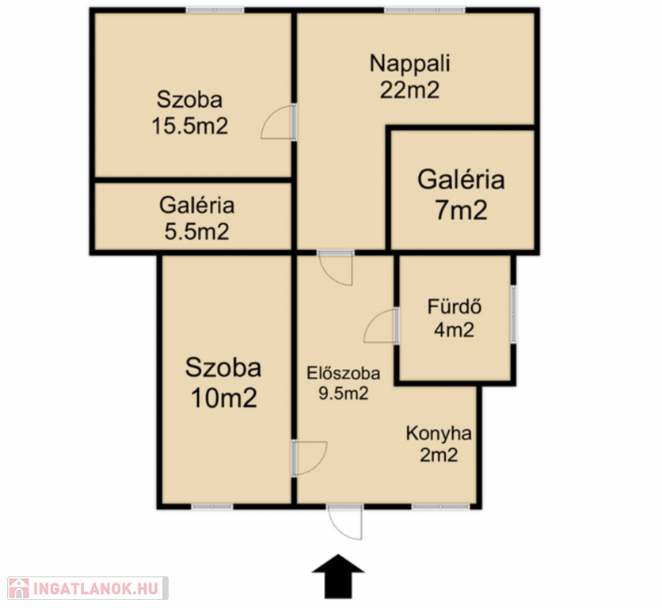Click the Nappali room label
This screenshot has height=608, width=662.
(410, 64)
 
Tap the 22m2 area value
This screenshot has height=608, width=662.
(409, 90)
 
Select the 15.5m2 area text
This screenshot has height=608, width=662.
(189, 126)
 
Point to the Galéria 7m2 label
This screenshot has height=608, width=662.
(461, 194)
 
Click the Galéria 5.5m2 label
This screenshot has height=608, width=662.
(196, 218)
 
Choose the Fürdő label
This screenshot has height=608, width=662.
(455, 306)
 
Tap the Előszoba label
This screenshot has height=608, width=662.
(343, 373)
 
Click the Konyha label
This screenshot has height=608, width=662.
(439, 433)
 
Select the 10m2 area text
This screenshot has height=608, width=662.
(224, 397)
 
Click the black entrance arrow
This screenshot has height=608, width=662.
(338, 576)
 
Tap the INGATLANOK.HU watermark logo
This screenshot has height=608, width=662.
(88, 588)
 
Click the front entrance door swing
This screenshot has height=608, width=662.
(345, 522)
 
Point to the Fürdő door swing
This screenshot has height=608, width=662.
(380, 326)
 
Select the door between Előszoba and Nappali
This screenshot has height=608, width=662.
(336, 268)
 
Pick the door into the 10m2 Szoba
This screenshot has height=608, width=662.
(310, 458)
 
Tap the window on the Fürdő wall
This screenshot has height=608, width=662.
(513, 314)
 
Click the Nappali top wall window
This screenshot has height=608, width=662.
(424, 10)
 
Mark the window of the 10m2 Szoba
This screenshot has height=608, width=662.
(212, 506)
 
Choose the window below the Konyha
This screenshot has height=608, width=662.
(441, 506)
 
